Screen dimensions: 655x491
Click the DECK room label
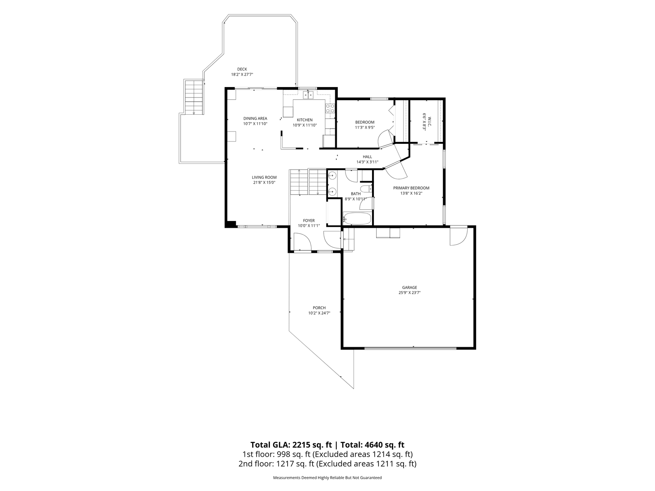click(x=242, y=69)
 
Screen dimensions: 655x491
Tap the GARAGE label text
click(x=409, y=288)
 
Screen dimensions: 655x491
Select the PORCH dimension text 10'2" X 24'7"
click(x=319, y=313)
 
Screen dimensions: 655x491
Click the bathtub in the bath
click(x=357, y=219)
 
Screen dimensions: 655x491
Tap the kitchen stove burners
click(x=330, y=108)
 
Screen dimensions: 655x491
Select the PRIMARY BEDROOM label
click(x=411, y=188)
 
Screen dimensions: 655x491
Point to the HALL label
click(x=367, y=157)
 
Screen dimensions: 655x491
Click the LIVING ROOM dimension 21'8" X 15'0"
click(x=264, y=183)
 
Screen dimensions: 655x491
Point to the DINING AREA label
click(x=255, y=119)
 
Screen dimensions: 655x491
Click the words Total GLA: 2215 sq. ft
click(x=291, y=445)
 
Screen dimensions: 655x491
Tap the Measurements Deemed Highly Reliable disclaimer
click(x=327, y=478)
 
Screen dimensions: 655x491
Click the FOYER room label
click(x=309, y=221)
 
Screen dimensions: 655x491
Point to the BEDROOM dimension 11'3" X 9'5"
click(x=365, y=127)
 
